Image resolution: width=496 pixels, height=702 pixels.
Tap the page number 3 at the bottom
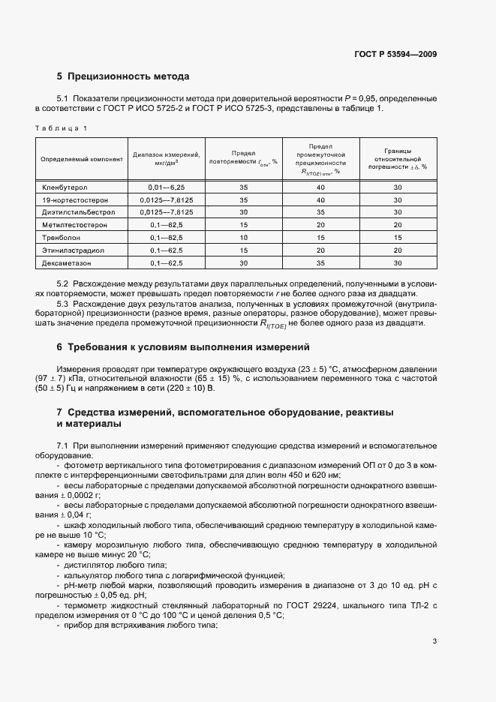[435, 641]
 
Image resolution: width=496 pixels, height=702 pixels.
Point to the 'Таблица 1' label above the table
[62, 128]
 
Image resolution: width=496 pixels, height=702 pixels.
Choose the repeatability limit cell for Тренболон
[244, 237]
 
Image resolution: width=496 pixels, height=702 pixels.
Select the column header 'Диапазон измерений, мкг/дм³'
[165, 157]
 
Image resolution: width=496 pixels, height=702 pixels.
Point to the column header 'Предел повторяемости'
[244, 157]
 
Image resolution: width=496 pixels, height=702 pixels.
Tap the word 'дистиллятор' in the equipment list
[86, 565]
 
